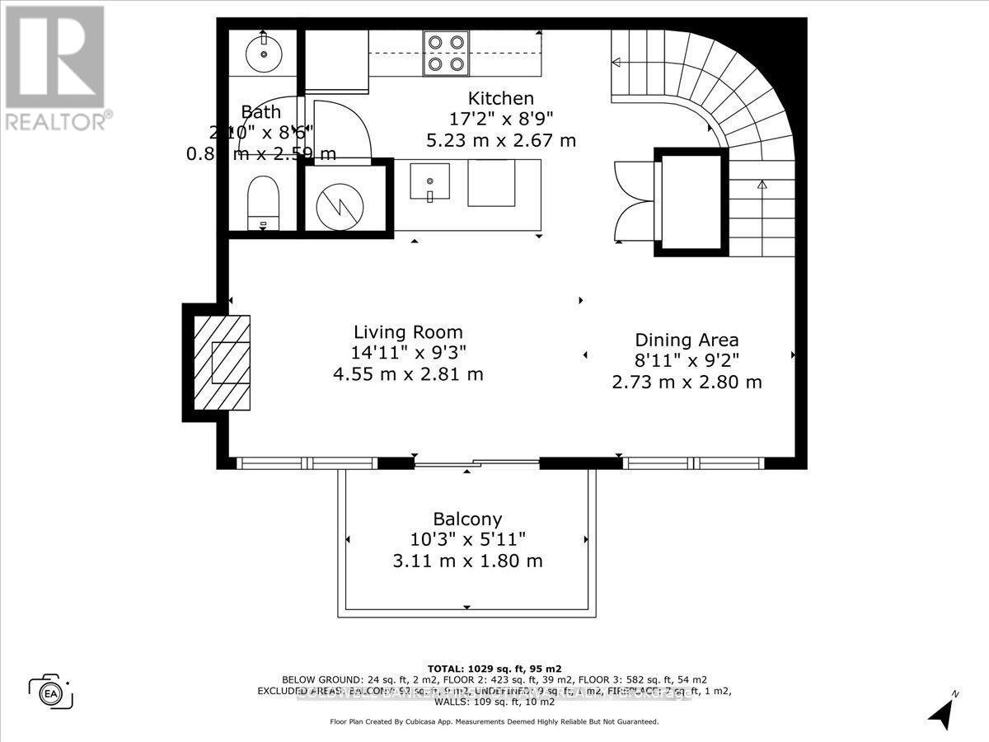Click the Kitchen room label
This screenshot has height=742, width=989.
point(501,98)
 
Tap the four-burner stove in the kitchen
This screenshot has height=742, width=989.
point(446,53)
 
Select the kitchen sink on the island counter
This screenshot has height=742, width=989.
point(429,183)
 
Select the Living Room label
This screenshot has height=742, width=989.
point(408,332)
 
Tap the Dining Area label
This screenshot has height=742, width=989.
point(687,340)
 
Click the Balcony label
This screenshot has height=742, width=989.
point(467,519)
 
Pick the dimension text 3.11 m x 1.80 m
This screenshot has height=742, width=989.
point(467,561)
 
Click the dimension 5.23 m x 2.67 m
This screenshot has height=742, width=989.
point(501,140)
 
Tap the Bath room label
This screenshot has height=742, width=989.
point(261,112)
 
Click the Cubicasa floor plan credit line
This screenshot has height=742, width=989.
point(494,721)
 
